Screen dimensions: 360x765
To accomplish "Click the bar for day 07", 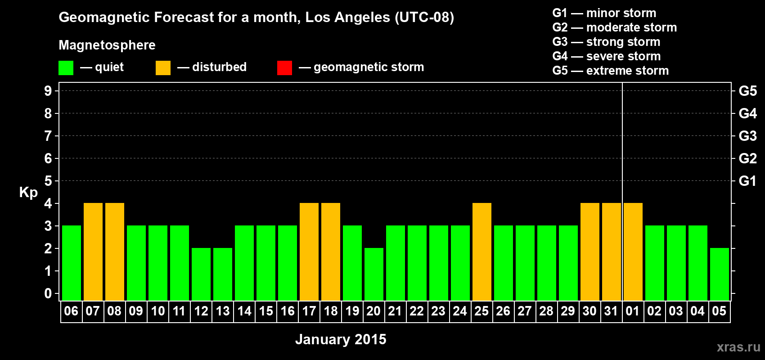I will tap(93, 252).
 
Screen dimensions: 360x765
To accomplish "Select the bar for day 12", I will tap(201, 274).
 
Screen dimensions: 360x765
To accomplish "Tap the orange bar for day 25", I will tap(482, 252).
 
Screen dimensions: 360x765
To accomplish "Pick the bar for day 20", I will tap(374, 274).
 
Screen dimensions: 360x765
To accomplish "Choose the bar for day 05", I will tap(720, 274).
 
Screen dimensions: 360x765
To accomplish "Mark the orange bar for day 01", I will tap(633, 252).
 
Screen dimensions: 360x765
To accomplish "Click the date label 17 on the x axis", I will tap(309, 311).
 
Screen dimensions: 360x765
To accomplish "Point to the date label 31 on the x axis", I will tap(611, 311).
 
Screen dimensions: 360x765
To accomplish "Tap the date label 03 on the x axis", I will tap(676, 311).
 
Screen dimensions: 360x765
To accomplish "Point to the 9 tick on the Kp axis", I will tap(48, 91).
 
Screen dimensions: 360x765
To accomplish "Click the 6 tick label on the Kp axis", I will tap(48, 158).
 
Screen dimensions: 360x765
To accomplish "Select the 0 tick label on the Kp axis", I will tap(48, 293).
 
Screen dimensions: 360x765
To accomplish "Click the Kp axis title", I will tap(28, 192).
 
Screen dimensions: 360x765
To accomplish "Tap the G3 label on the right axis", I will tap(747, 136).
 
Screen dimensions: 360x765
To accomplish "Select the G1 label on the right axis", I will tap(747, 181).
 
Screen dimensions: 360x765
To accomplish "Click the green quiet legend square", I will tap(66, 68).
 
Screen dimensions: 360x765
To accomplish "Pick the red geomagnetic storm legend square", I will tap(284, 68).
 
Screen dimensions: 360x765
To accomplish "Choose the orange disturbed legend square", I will tap(163, 68).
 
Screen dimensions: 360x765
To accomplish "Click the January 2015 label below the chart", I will tap(341, 339).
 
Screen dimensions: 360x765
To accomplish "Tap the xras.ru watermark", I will tap(738, 347).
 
